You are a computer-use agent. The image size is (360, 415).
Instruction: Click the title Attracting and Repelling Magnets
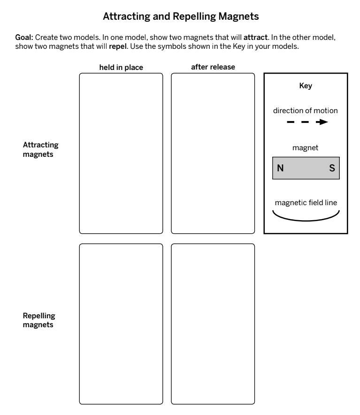point(180,16)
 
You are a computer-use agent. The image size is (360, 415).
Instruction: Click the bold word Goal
point(23,39)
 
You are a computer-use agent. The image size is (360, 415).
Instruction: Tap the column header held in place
point(121,68)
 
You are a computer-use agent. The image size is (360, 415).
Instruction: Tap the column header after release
point(213,67)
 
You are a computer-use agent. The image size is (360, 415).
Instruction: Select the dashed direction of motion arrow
point(305,122)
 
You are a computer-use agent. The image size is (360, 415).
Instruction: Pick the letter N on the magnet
point(280,168)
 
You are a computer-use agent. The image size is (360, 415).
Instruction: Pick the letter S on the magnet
point(332,168)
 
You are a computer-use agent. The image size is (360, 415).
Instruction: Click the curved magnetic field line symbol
point(306,216)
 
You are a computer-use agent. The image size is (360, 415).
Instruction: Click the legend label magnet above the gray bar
point(306,147)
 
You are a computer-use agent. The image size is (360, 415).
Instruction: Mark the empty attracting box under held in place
point(121,153)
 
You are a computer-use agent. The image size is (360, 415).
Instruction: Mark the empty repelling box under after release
point(213,323)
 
